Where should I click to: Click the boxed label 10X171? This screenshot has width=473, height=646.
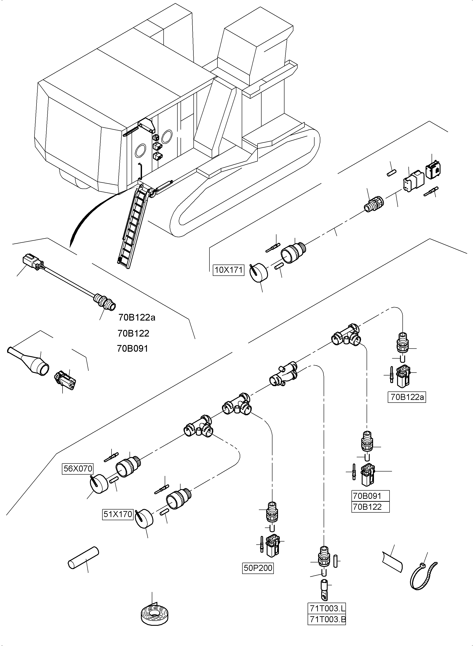pyautogui.click(x=228, y=270)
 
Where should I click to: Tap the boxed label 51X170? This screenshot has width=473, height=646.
pyautogui.click(x=118, y=514)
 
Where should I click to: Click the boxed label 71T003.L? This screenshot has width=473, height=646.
pyautogui.click(x=327, y=607)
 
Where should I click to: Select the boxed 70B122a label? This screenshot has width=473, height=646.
pyautogui.click(x=407, y=397)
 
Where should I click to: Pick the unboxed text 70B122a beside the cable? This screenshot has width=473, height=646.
pyautogui.click(x=137, y=317)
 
